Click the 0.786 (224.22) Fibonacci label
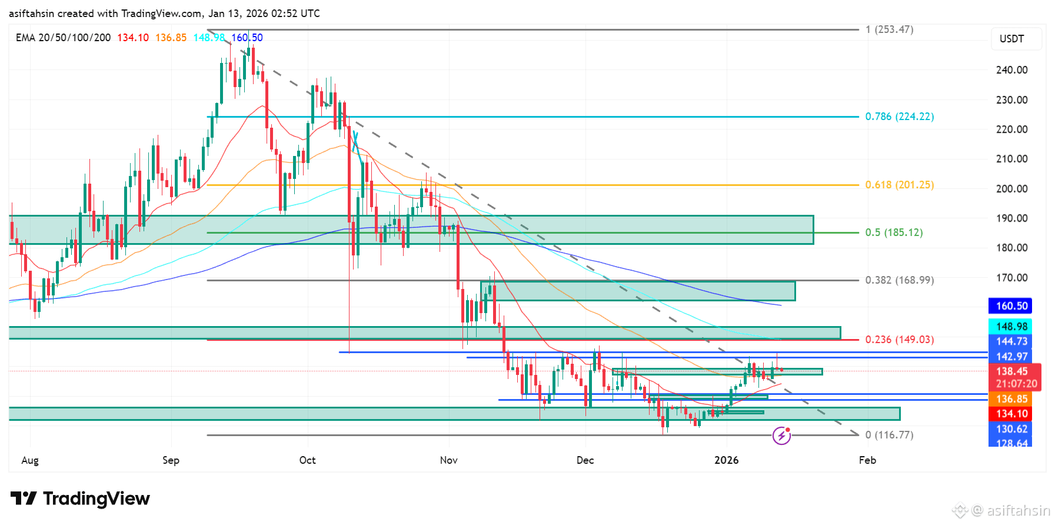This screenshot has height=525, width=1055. [899, 117]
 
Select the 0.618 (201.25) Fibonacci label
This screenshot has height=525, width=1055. [899, 185]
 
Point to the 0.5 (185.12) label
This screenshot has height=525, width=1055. [893, 232]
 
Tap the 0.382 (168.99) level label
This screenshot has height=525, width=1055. [899, 280]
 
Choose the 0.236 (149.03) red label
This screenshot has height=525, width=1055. [899, 340]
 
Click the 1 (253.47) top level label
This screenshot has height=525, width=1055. [889, 29]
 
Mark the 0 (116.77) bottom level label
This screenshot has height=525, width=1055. [889, 435]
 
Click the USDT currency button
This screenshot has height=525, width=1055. [1011, 39]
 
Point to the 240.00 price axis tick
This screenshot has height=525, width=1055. [1011, 70]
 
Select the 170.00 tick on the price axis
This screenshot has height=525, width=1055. [1011, 277]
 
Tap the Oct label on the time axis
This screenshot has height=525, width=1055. [307, 460]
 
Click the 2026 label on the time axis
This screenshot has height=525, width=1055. [726, 460]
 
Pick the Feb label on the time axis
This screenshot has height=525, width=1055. [867, 460]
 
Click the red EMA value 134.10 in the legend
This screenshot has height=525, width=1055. [133, 38]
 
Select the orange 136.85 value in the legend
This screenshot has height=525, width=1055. [171, 38]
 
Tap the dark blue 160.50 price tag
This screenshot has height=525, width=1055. [1011, 306]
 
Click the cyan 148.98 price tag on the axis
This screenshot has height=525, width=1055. [1011, 327]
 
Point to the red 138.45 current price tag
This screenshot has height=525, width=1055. [1011, 371]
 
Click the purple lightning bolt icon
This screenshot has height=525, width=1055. [781, 436]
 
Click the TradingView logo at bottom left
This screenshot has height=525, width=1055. [80, 499]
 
